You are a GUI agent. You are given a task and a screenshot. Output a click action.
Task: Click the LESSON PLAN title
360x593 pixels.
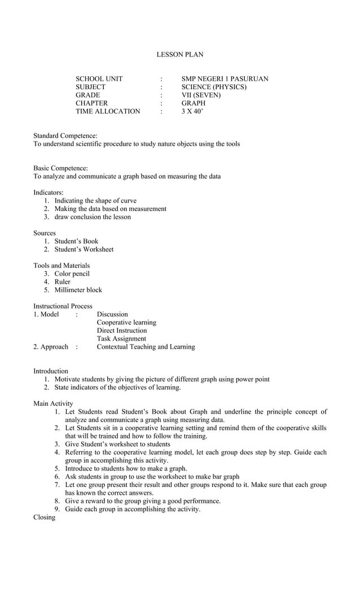(x=179, y=55)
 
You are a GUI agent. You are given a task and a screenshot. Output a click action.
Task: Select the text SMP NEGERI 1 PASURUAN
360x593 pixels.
(x=225, y=79)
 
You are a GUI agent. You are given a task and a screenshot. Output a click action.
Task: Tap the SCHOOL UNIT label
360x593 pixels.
(x=99, y=79)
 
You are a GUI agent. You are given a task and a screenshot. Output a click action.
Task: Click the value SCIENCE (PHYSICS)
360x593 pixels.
(x=214, y=87)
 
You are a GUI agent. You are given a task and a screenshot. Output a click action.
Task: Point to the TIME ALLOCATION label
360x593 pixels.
(x=108, y=112)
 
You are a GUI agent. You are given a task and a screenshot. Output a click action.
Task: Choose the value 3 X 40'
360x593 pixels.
(x=192, y=112)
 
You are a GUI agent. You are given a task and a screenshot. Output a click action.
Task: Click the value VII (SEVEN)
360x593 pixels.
(x=201, y=95)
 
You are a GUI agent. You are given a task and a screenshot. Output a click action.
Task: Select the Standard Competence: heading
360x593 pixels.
(x=65, y=136)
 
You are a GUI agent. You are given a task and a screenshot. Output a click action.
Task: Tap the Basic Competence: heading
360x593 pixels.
(x=60, y=168)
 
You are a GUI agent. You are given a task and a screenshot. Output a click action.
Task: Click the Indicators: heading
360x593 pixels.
(x=48, y=192)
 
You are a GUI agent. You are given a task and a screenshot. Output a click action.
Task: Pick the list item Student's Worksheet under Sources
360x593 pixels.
(x=84, y=249)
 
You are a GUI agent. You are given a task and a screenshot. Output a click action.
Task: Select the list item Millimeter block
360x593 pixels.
(x=78, y=290)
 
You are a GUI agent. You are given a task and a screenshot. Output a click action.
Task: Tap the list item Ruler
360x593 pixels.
(x=62, y=282)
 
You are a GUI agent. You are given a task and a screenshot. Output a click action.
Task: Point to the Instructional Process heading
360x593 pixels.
(x=63, y=306)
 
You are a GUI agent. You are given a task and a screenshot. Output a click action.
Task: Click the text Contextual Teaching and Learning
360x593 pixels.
(x=146, y=347)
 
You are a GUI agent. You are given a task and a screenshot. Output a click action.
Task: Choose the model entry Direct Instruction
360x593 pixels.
(x=121, y=331)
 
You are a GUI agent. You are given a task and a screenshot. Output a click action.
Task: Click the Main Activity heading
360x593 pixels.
(x=53, y=403)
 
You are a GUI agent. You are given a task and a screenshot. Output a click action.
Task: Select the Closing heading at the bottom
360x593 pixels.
(x=44, y=517)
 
